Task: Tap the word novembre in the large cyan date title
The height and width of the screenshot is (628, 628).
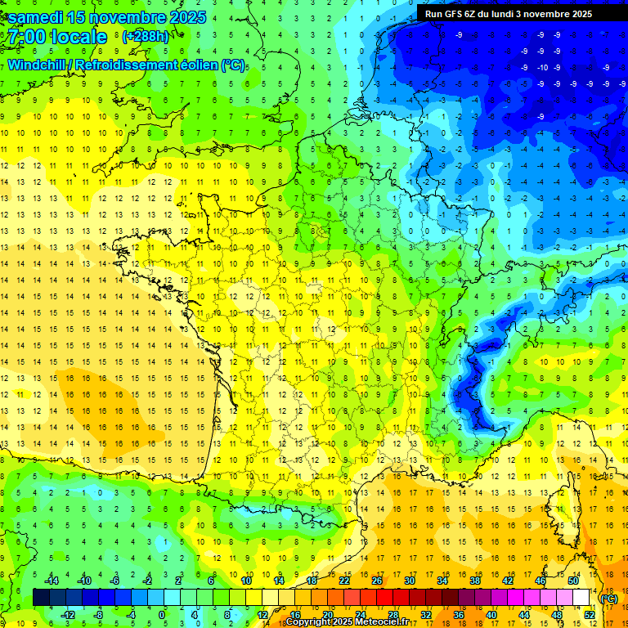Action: tap(129, 17)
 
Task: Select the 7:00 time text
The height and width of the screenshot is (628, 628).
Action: tap(26, 37)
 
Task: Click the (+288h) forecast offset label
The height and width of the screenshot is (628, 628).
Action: tap(146, 37)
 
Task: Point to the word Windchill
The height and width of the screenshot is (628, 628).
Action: tap(38, 65)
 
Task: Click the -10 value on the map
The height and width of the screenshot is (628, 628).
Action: tap(542, 67)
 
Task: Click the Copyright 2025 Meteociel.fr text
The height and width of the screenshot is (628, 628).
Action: tap(347, 622)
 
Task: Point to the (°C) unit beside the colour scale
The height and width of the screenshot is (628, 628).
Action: tap(609, 598)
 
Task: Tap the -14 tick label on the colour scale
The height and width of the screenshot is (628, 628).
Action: tap(52, 580)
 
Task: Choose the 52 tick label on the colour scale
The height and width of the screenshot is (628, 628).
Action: tap(590, 614)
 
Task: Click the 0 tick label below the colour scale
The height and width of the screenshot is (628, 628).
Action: tap(162, 614)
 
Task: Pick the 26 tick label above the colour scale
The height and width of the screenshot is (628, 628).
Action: tap(377, 580)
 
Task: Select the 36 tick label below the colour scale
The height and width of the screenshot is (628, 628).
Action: tap(459, 614)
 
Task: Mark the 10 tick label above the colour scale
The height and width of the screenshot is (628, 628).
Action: tap(246, 580)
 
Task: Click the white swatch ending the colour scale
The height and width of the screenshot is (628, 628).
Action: tap(581, 597)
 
